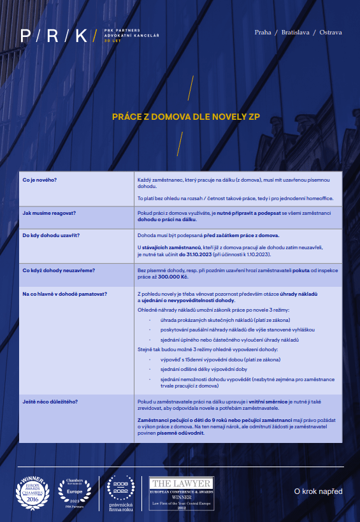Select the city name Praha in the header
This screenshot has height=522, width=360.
(x=263, y=33)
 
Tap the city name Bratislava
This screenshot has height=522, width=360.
(x=294, y=33)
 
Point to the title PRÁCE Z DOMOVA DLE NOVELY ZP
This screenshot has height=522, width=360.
(x=185, y=117)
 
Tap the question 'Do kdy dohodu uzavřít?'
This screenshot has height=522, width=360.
(x=51, y=235)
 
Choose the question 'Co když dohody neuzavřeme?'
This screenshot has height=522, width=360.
(x=59, y=271)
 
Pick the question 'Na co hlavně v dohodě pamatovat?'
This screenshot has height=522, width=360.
(x=64, y=293)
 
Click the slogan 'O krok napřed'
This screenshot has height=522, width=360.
(x=318, y=491)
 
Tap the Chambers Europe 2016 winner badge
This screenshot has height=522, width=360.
(x=32, y=492)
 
